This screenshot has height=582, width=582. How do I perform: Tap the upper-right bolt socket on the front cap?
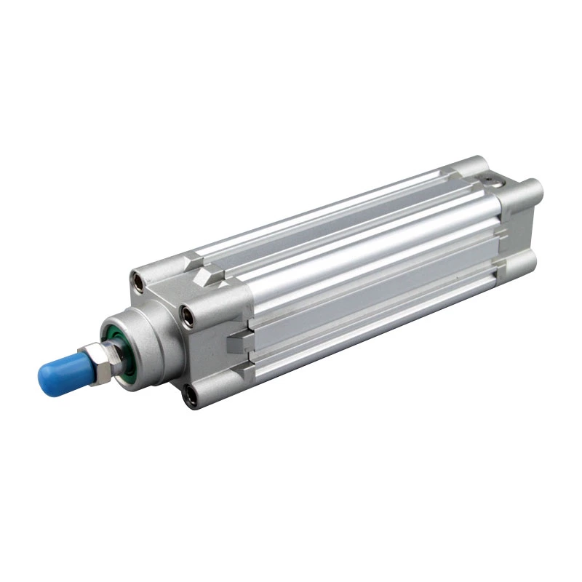(190, 314)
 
